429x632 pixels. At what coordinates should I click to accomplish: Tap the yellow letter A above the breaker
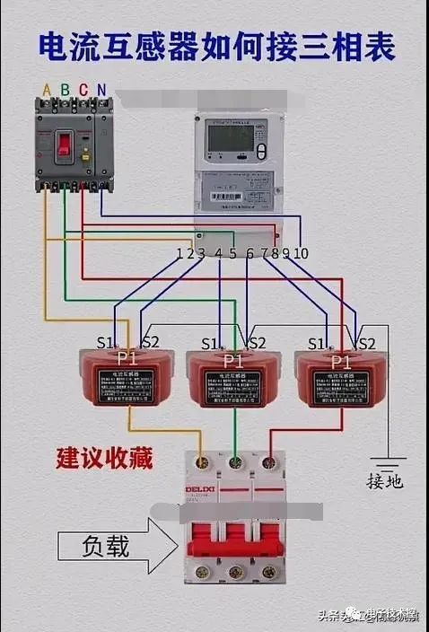[x=47, y=90]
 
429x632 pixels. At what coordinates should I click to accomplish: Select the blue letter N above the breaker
[x=101, y=90]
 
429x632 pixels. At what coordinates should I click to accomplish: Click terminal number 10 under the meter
[x=301, y=253]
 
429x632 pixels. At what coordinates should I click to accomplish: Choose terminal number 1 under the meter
[x=180, y=253]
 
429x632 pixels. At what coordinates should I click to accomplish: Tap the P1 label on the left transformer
[x=127, y=358]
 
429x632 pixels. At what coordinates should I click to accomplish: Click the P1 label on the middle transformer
[x=232, y=359]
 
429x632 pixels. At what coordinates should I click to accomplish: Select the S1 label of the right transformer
[x=315, y=343]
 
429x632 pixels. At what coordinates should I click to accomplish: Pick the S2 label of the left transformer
[x=151, y=342]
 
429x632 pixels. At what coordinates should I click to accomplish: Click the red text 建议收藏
[x=103, y=459]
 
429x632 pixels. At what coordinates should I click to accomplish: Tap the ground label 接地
[x=384, y=481]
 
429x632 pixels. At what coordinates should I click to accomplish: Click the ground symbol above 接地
[x=387, y=459]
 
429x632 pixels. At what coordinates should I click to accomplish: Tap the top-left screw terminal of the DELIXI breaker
[x=202, y=462]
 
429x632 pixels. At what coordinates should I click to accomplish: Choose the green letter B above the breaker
[x=66, y=90]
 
